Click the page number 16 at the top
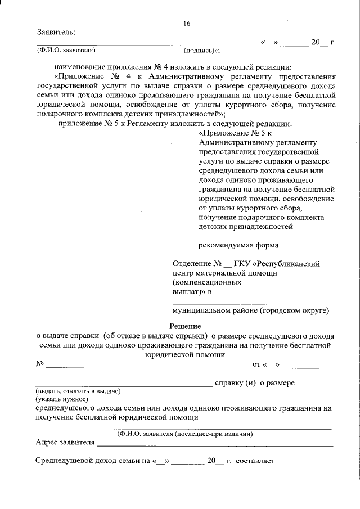tap(187, 23)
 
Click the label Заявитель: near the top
tap(55, 33)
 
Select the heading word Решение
tap(186, 326)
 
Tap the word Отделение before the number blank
tap(191, 263)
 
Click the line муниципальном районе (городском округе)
tap(250, 310)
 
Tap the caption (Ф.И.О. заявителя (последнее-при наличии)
tap(185, 434)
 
